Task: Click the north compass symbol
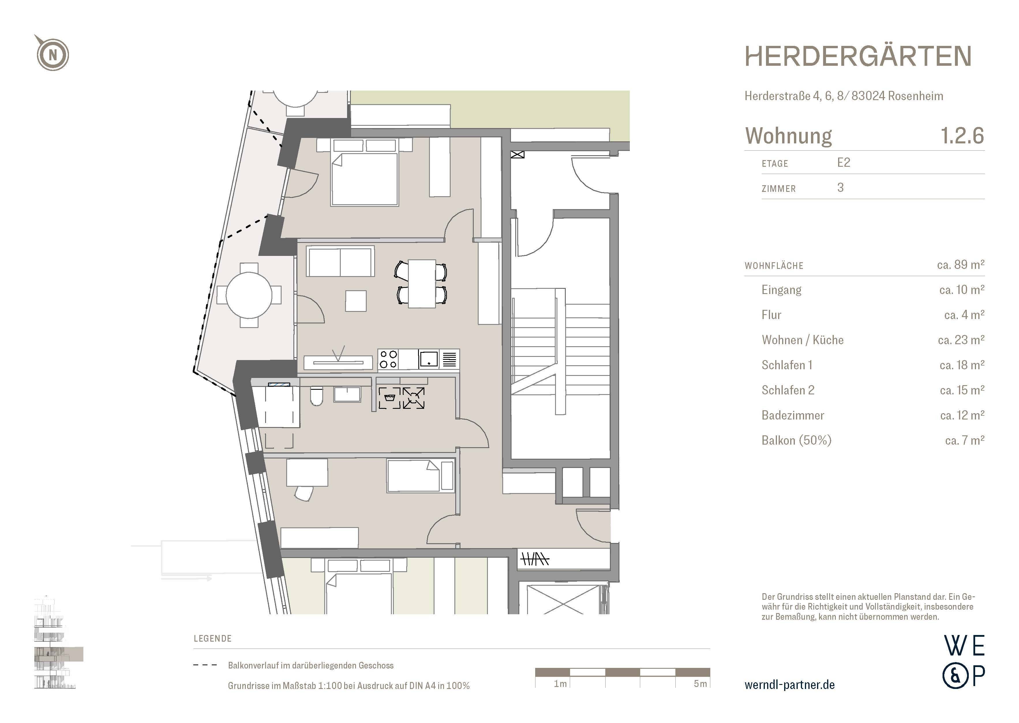pyautogui.click(x=53, y=54)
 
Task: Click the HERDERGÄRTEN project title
pyautogui.click(x=857, y=57)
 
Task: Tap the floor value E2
pyautogui.click(x=843, y=162)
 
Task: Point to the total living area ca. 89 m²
pyautogui.click(x=960, y=265)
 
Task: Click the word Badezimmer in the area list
pyautogui.click(x=793, y=415)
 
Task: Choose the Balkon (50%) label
pyautogui.click(x=796, y=440)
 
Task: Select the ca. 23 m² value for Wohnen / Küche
pyautogui.click(x=961, y=340)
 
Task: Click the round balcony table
pyautogui.click(x=249, y=295)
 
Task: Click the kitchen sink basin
pyautogui.click(x=428, y=359)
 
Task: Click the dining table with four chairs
pyautogui.click(x=421, y=284)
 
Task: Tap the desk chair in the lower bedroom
pyautogui.click(x=304, y=493)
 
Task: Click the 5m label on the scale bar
pyautogui.click(x=700, y=684)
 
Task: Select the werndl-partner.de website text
pyautogui.click(x=789, y=685)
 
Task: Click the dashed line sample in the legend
pyautogui.click(x=205, y=665)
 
